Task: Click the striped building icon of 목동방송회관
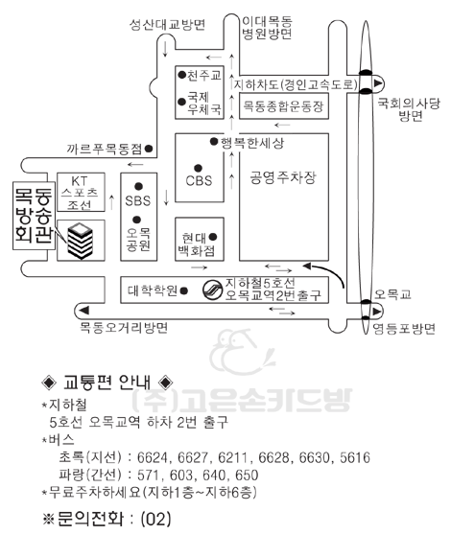80,241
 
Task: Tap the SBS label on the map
138,200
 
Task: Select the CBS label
199,180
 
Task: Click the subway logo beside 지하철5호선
212,290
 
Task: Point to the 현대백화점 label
198,244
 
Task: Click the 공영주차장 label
283,177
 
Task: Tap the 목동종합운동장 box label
283,105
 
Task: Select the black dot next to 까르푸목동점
149,149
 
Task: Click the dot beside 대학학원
183,290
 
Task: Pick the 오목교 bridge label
392,294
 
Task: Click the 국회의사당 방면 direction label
409,109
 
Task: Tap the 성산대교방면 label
167,25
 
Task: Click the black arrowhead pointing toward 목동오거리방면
83,311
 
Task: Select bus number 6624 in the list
153,457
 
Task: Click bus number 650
247,476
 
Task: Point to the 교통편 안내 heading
107,383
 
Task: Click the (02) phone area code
155,519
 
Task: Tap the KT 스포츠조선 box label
80,193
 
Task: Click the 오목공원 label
138,239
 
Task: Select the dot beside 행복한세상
214,141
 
